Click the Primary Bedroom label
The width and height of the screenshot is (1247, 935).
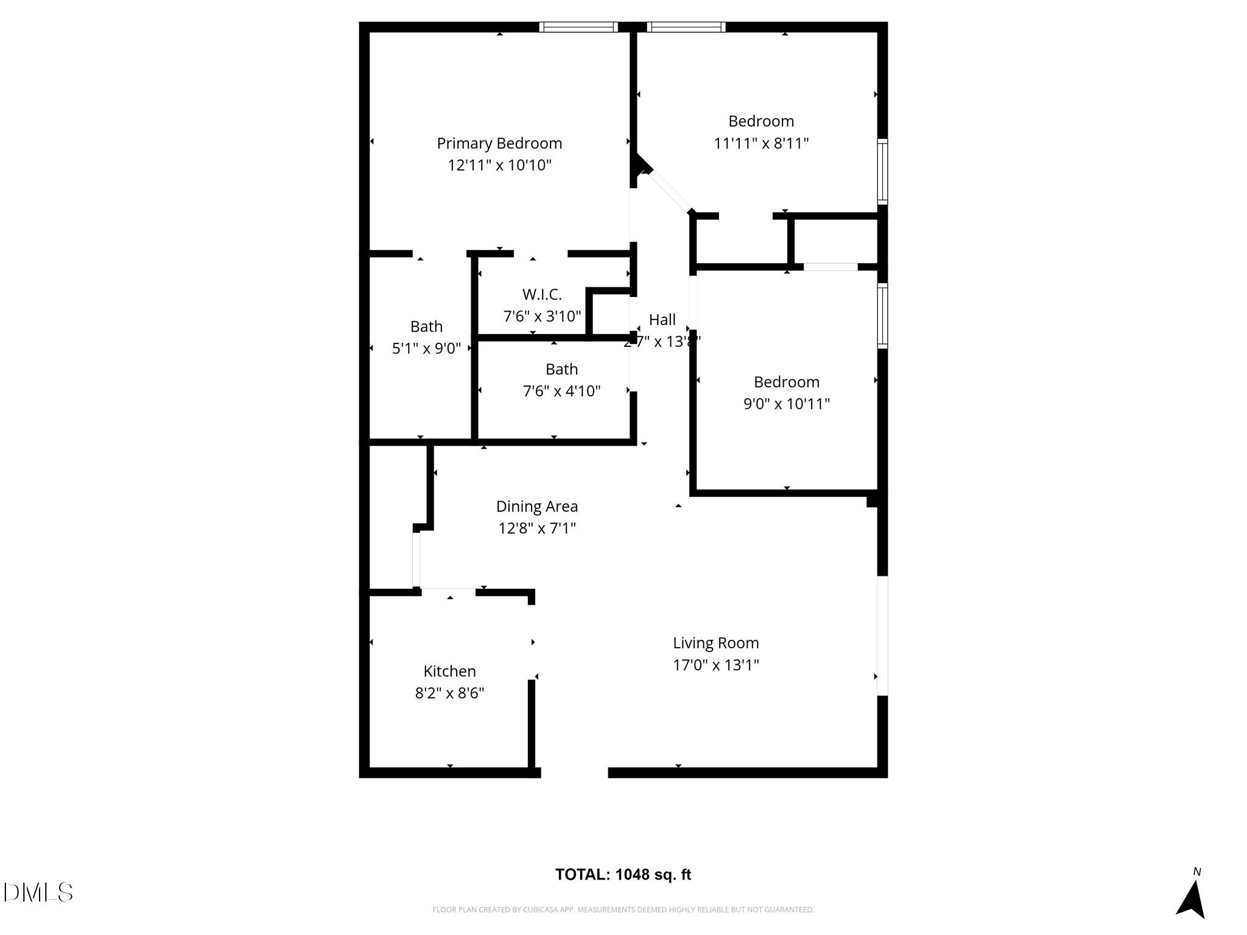[499, 144]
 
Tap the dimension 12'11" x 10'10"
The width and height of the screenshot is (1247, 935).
[499, 166]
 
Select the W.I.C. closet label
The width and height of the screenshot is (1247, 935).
[542, 295]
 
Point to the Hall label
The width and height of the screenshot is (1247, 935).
[662, 320]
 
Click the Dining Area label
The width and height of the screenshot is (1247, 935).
[536, 506]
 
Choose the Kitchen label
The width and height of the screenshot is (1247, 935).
[449, 671]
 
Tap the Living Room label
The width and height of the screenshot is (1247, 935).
[715, 643]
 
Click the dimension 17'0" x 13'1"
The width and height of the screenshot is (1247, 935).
[715, 665]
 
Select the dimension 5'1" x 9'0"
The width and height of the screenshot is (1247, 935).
[426, 349]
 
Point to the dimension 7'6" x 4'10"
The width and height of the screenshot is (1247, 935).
[561, 391]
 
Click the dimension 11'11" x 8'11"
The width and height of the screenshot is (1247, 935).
[761, 144]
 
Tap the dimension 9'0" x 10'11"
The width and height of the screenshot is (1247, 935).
[786, 404]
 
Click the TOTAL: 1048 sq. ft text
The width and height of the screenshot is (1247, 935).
[623, 875]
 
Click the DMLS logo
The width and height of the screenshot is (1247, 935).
[38, 892]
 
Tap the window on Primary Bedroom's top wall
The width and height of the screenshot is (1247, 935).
[578, 27]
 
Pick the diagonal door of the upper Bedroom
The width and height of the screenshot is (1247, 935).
[669, 192]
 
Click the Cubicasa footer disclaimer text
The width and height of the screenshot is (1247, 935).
[623, 910]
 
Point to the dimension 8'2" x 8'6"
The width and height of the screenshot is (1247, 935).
[449, 693]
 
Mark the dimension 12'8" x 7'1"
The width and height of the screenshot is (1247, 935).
[536, 528]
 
